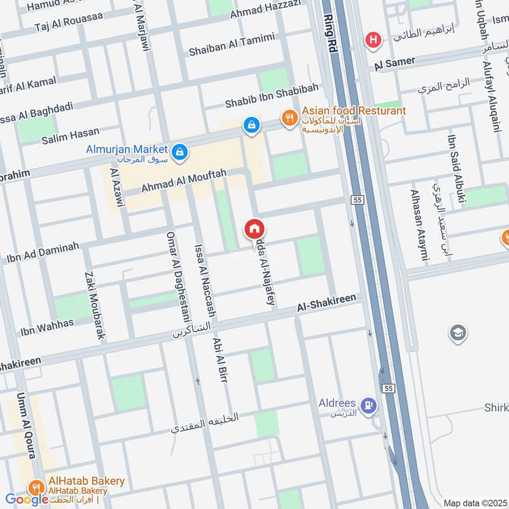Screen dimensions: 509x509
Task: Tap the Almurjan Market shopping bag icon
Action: coord(179,151)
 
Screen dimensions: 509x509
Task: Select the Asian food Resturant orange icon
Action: coord(290,118)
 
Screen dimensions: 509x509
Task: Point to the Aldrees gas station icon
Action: coord(368,405)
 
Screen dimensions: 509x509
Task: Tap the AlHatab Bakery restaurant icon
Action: coord(34,488)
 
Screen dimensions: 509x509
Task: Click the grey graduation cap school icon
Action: coord(457,332)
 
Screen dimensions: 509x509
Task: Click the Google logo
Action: coord(27,499)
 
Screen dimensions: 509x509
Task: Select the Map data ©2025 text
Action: coord(474,503)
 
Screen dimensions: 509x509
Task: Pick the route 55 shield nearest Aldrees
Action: coord(387,387)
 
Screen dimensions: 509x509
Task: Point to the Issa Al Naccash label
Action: coord(205,282)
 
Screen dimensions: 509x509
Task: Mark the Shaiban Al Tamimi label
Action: coord(232,45)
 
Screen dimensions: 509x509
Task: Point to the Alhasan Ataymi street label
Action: coord(417,225)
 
